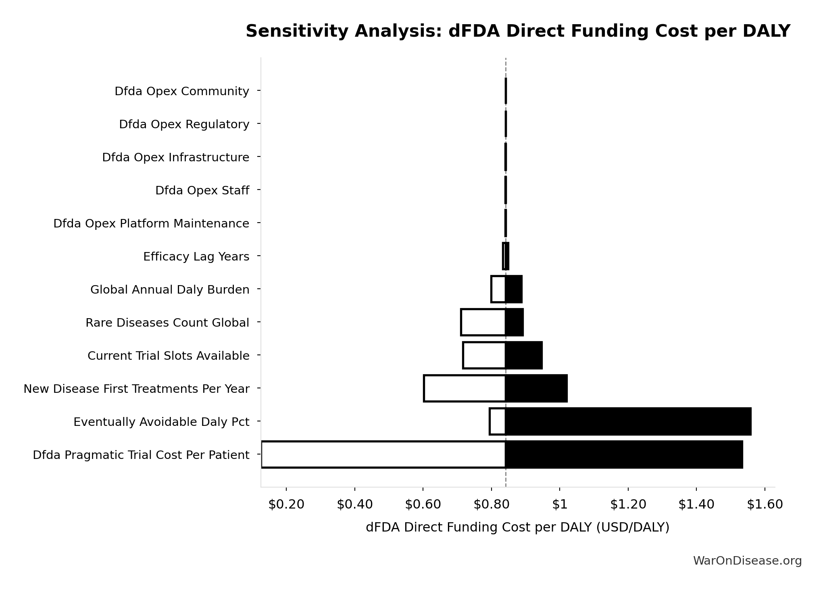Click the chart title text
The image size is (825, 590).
point(518,31)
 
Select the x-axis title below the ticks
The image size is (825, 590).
point(517,527)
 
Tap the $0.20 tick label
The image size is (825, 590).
point(286,504)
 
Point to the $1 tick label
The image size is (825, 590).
point(559,504)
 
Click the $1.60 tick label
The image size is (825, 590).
point(765,504)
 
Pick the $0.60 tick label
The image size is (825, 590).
point(423,504)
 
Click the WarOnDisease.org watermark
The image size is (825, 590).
point(747,561)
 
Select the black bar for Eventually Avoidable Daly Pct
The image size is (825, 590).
point(628,421)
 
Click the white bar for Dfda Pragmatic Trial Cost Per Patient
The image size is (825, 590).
point(383,454)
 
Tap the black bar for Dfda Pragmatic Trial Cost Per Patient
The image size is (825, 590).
point(624,454)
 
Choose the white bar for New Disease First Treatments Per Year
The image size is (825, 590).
point(465,388)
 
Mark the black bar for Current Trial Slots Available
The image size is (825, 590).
point(524,355)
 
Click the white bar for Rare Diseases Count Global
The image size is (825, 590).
point(483,322)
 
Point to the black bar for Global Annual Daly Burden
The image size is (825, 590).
point(514,289)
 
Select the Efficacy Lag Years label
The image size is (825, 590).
point(196,256)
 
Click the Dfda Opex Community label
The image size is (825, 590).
point(182,91)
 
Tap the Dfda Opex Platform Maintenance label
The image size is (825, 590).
point(151,223)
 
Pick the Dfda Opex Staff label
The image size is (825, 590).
point(202,190)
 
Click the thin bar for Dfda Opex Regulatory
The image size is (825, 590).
point(506,124)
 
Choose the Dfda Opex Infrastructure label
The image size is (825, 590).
point(175,157)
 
